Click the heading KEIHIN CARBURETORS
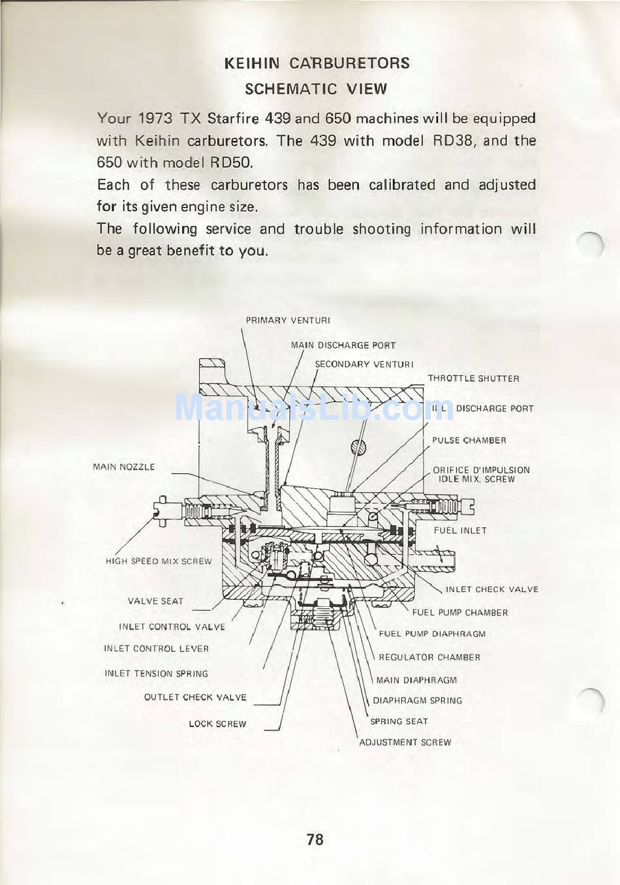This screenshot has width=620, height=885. [317, 63]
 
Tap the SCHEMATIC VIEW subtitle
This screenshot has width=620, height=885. [315, 89]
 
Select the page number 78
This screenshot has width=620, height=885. [315, 839]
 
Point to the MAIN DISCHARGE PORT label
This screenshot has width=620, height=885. [343, 345]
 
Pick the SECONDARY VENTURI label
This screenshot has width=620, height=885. [364, 364]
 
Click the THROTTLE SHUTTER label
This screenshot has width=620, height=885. [473, 379]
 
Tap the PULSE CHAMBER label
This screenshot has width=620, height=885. [469, 441]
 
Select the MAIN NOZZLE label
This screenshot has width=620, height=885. [124, 467]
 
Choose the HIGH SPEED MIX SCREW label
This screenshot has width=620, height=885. [159, 561]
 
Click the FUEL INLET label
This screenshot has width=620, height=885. [460, 531]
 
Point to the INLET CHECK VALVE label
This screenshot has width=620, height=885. [491, 589]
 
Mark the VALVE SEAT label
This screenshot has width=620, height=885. [155, 601]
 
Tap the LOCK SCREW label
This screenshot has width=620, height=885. [217, 724]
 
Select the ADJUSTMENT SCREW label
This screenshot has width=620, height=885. [405, 742]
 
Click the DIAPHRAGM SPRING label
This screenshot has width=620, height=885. [417, 700]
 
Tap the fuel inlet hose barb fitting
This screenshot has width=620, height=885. [439, 560]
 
